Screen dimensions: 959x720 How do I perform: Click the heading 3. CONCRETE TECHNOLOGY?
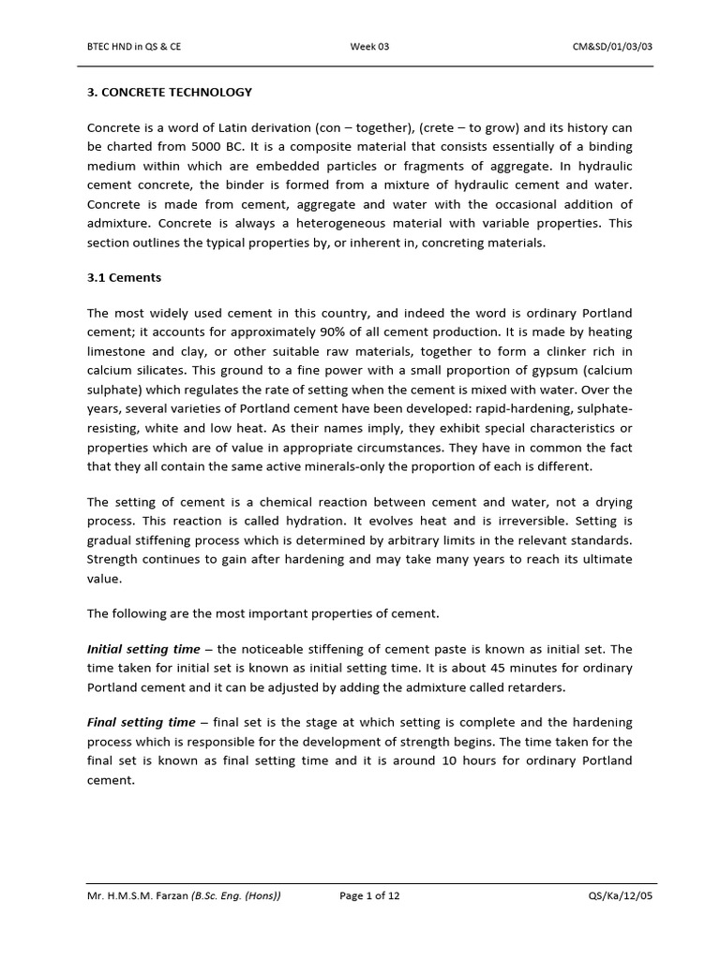click(x=170, y=92)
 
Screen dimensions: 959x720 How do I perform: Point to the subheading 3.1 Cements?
click(x=124, y=277)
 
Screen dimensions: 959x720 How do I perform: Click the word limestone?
click(x=115, y=351)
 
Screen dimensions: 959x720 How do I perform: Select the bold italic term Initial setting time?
click(x=143, y=648)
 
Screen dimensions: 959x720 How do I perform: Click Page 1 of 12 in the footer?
click(x=369, y=895)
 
